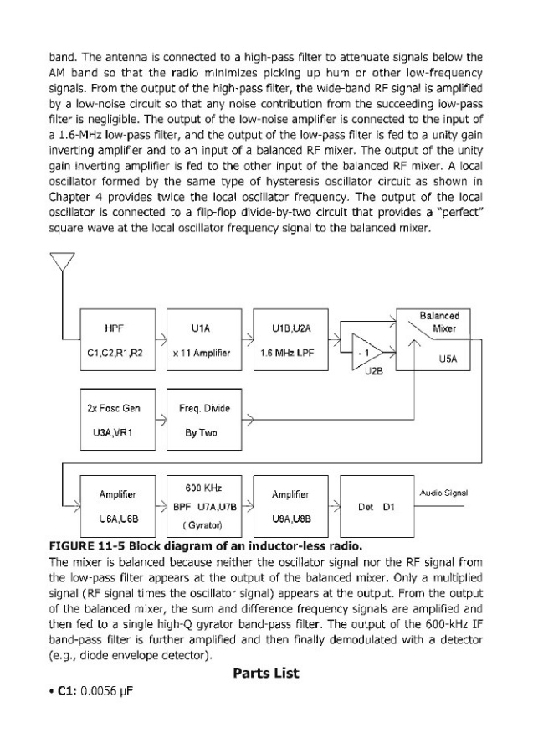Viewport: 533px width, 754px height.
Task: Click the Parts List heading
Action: tap(266, 673)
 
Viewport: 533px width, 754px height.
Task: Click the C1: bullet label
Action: tap(64, 695)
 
